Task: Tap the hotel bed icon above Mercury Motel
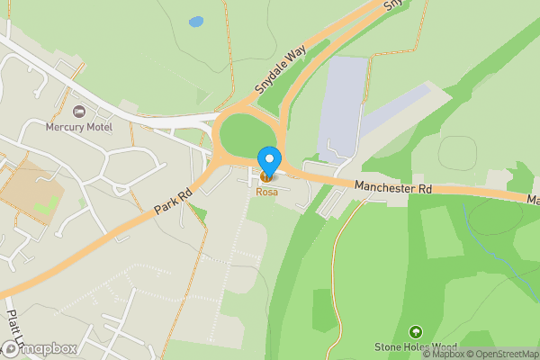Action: pyautogui.click(x=78, y=112)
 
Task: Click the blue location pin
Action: pyautogui.click(x=268, y=161)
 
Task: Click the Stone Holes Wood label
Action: pyautogui.click(x=416, y=347)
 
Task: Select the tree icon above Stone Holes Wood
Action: pyautogui.click(x=415, y=332)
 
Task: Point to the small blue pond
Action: pyautogui.click(x=195, y=21)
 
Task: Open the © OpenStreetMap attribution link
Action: pyautogui.click(x=501, y=353)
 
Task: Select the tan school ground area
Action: pyautogui.click(x=27, y=193)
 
